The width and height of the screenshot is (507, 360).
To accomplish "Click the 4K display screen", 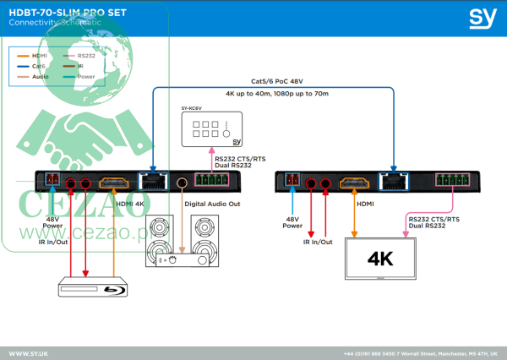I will pos(381,259).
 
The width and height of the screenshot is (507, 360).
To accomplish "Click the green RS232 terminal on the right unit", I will pos(451,180).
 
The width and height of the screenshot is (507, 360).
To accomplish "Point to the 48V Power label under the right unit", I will pos(292,222).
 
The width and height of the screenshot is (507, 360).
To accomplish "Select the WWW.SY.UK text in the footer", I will pos(28,352).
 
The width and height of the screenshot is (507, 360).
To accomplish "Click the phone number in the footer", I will pos(368,352).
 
